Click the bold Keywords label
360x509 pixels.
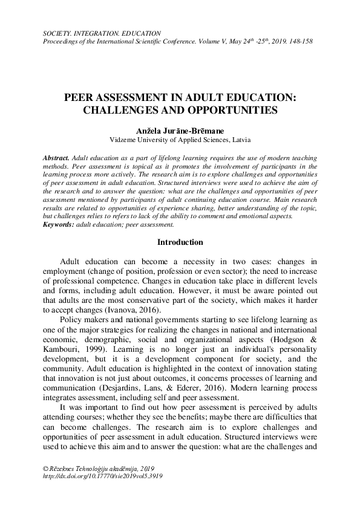point(59,224)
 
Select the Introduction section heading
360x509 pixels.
point(180,242)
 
